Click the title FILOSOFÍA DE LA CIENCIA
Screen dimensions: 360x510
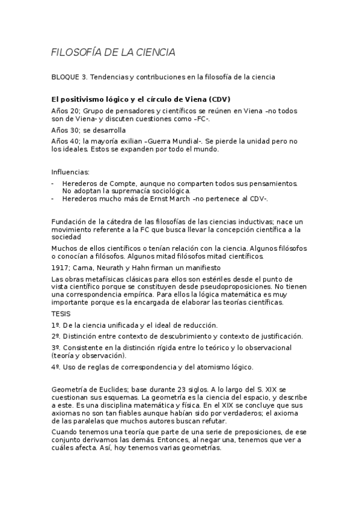(113, 53)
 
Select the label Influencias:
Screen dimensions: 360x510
(71, 171)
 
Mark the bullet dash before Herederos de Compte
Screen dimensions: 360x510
(53, 183)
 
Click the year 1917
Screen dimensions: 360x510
(60, 267)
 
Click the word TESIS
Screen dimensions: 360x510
(61, 313)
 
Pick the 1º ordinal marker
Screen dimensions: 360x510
(55, 325)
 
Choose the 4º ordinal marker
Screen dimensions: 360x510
(55, 367)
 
